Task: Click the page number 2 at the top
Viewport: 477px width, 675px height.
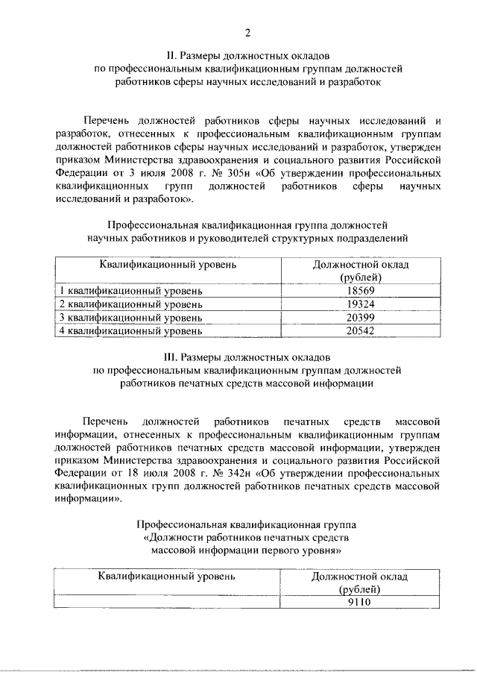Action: tap(246, 32)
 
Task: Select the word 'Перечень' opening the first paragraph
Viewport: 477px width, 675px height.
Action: tap(110, 119)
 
